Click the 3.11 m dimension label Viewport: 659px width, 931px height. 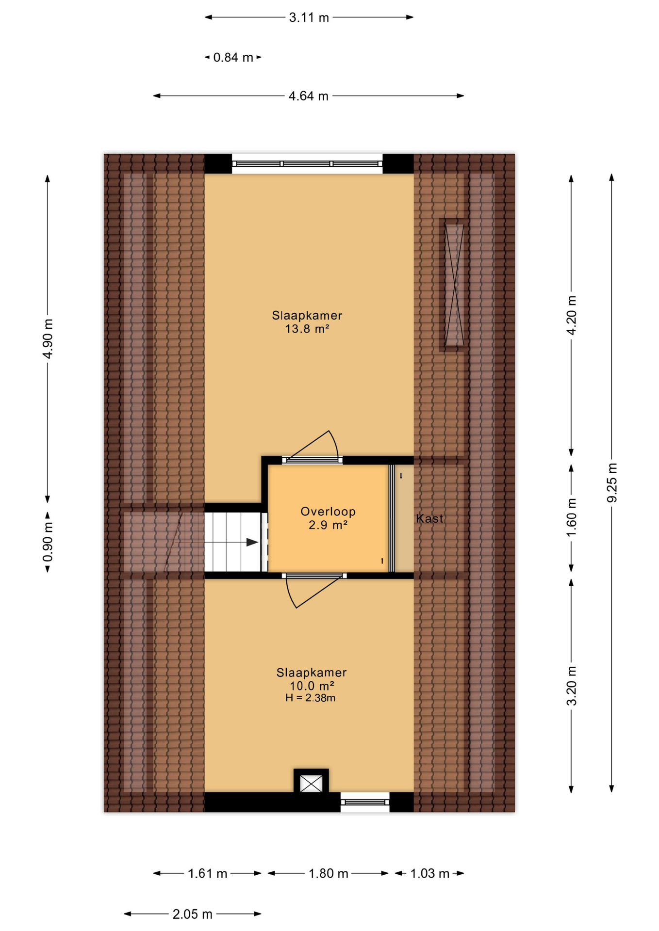[x=309, y=18]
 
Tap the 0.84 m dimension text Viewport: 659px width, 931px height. [x=233, y=58]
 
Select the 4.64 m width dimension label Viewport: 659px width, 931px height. [x=309, y=96]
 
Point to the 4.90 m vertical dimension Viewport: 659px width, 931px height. [x=48, y=338]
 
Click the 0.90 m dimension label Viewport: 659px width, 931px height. [x=48, y=542]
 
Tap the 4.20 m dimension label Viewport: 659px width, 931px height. [x=572, y=315]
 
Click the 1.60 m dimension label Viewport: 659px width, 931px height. [x=572, y=517]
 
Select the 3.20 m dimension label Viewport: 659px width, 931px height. [x=572, y=686]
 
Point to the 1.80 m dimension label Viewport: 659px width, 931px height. [x=329, y=874]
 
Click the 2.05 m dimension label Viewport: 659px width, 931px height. [x=193, y=915]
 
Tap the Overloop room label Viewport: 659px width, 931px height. [x=328, y=512]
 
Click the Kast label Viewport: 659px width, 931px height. [x=429, y=519]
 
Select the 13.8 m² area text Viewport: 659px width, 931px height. [x=307, y=329]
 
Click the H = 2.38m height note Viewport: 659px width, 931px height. [x=311, y=698]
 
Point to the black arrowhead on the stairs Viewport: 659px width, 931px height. [x=252, y=542]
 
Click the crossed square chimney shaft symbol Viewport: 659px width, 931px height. [x=311, y=784]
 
